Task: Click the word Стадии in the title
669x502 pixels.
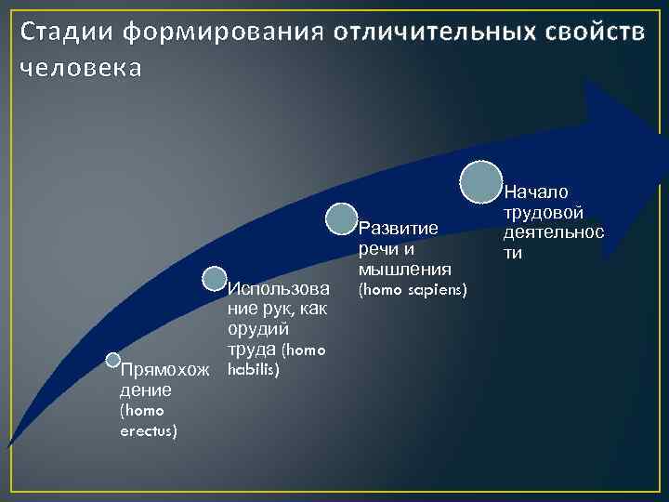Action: [x=64, y=33]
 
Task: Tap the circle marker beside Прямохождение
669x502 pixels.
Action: [x=113, y=360]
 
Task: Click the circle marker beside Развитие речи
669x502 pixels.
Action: [x=341, y=219]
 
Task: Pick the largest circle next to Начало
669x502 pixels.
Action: [x=482, y=181]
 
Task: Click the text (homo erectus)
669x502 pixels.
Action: [x=148, y=421]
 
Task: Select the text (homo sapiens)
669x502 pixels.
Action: [x=413, y=290]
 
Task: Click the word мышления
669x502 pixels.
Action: [x=405, y=270]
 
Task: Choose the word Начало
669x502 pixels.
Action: [x=537, y=192]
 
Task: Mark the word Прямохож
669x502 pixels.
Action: [x=164, y=371]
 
